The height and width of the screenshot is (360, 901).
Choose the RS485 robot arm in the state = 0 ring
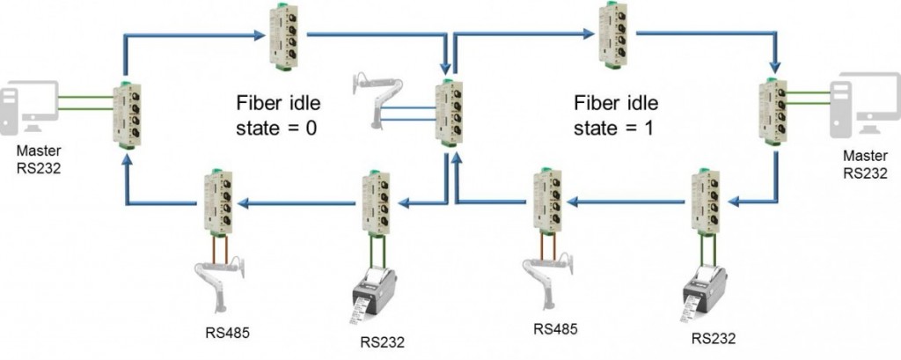coord(216,276)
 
